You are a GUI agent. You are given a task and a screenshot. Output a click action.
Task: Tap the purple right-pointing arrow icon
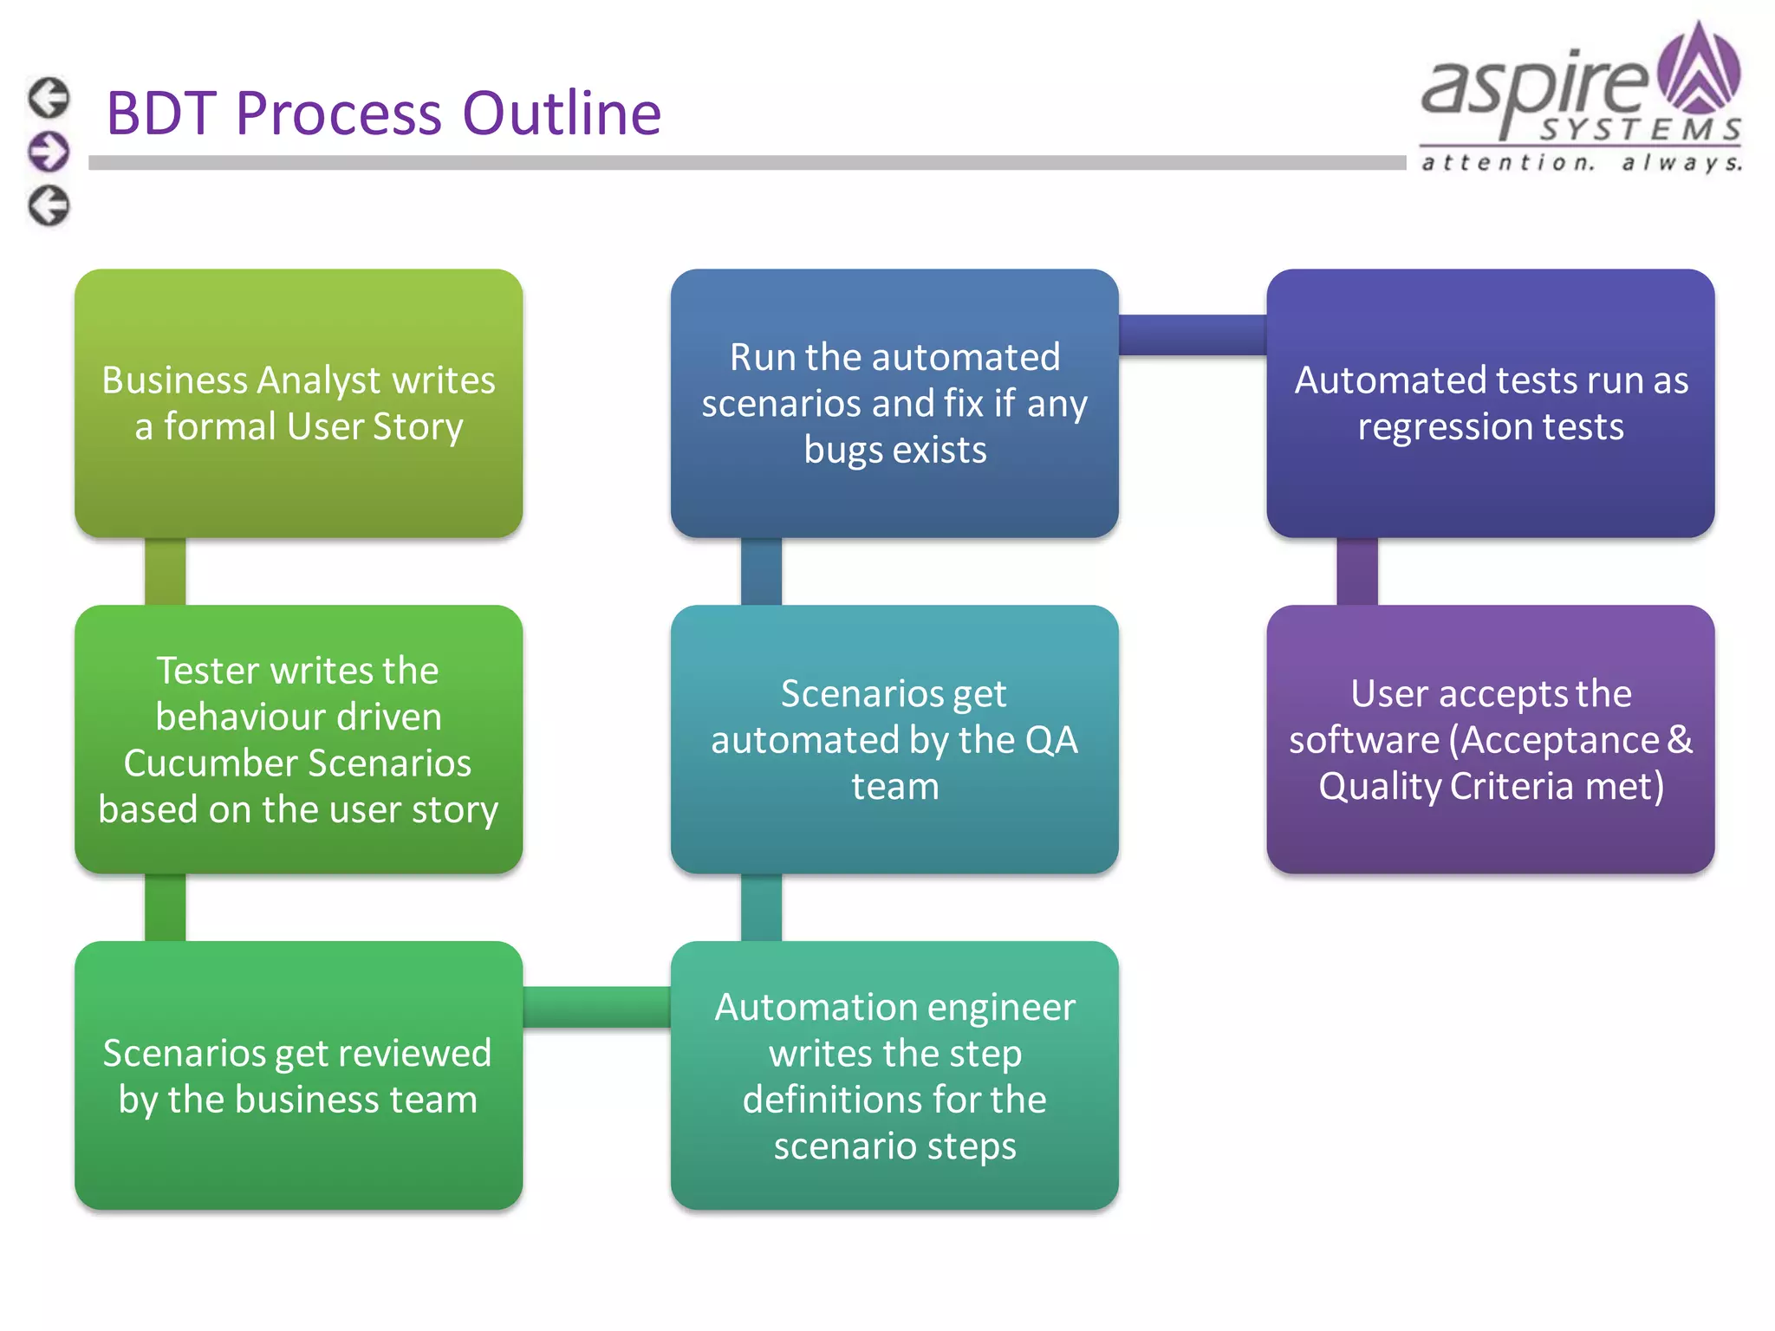point(49,152)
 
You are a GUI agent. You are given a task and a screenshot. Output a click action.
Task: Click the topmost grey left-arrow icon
point(49,97)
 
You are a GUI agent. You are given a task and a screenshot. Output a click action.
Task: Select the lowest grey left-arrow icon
point(49,206)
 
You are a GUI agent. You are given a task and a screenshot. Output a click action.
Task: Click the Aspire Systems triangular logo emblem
point(1698,69)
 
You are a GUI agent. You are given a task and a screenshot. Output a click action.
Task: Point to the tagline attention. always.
point(1581,162)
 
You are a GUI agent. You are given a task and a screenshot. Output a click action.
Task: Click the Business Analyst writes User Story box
point(298,403)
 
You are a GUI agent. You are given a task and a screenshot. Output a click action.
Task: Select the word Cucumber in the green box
point(211,763)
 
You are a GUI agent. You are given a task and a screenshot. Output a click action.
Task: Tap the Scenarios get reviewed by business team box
point(298,1075)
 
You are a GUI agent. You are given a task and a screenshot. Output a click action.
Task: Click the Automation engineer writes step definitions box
point(894,1075)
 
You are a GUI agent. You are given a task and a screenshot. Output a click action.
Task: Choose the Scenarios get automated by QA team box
point(894,739)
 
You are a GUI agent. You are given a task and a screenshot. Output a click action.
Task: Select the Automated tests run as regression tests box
point(1490,403)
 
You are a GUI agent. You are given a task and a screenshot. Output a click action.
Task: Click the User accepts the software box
point(1490,739)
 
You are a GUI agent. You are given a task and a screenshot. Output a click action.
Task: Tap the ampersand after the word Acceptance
point(1679,739)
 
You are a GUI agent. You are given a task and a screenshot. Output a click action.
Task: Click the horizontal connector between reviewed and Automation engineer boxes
point(596,1007)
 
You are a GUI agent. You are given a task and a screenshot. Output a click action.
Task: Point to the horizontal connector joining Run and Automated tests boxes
point(1192,334)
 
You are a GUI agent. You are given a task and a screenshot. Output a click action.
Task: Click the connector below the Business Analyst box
point(165,571)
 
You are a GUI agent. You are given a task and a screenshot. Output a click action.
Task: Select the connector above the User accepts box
point(1356,571)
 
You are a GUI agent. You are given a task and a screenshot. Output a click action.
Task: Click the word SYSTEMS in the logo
point(1639,130)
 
